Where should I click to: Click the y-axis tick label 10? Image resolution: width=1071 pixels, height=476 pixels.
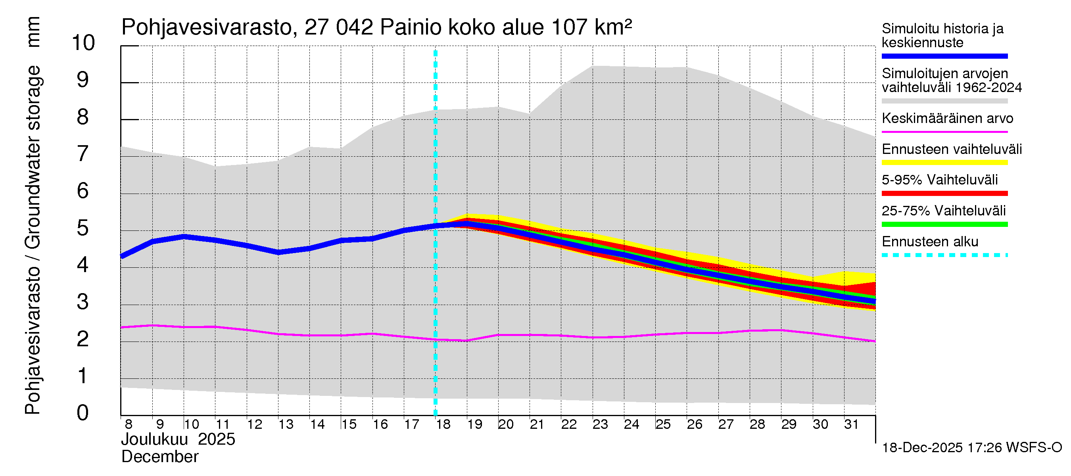point(83,43)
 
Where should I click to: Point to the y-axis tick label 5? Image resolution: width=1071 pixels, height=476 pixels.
point(83,228)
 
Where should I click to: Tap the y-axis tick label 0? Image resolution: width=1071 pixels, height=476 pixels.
point(83,413)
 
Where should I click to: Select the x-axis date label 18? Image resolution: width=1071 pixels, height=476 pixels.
point(443,424)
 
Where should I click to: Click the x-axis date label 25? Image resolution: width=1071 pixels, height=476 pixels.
point(663,424)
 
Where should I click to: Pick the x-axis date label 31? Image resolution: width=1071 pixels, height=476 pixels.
point(852,424)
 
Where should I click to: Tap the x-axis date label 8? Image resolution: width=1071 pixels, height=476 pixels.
point(129,424)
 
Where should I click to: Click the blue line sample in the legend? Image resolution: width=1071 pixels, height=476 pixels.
point(944,56)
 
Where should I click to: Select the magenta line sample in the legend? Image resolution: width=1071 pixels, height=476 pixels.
point(944,132)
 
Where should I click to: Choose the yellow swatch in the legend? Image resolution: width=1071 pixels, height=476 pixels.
point(944,163)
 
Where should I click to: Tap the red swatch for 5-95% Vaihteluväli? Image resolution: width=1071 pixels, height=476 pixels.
point(944,193)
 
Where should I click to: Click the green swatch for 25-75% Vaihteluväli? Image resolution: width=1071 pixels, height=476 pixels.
point(944,225)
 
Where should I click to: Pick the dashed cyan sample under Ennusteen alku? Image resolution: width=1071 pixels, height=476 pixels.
point(944,255)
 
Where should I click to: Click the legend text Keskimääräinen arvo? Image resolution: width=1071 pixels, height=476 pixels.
point(947,119)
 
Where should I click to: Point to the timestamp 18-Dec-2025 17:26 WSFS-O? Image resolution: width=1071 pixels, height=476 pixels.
point(971,448)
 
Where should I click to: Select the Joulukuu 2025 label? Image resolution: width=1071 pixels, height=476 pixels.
point(178,440)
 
